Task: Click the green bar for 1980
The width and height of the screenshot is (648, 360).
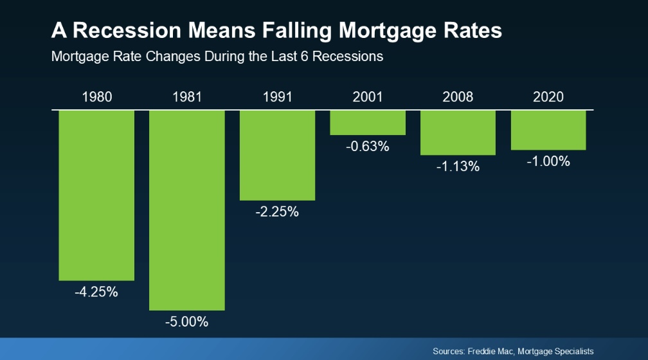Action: pos(96,195)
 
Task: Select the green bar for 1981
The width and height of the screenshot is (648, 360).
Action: pos(187,210)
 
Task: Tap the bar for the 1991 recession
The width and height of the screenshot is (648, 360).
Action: pos(278,155)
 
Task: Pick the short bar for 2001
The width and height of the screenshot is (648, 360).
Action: pos(368,122)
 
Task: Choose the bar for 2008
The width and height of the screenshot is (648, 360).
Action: pos(458,132)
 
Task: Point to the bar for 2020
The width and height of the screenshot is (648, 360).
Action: pos(548,130)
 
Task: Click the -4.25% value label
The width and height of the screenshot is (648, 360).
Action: pos(96,292)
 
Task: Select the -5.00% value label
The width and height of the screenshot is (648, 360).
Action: pos(186,322)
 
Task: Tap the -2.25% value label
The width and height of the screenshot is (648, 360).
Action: pos(277,212)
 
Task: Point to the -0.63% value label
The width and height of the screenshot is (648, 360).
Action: pos(368,147)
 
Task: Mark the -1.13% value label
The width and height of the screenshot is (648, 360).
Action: pos(458,166)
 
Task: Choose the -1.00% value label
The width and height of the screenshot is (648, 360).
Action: pos(548,161)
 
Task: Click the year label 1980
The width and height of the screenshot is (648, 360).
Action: pos(97,97)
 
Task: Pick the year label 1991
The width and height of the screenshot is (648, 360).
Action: pos(278,97)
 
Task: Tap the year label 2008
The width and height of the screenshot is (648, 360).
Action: pos(458,97)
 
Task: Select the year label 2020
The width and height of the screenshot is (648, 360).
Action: pos(548,97)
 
